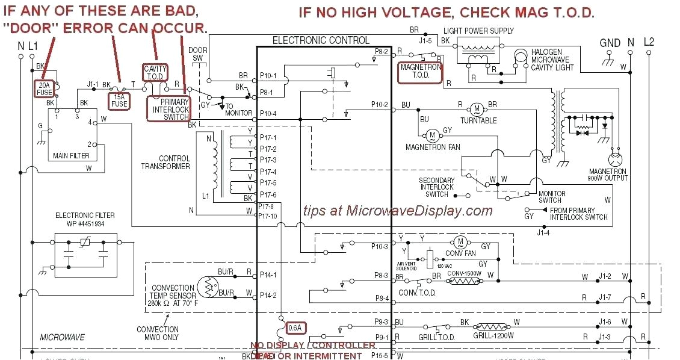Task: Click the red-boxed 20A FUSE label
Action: [45, 89]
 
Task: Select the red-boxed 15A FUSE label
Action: [119, 100]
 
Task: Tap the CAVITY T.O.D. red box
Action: [155, 73]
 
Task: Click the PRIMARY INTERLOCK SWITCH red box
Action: [169, 110]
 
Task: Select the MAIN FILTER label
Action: [71, 156]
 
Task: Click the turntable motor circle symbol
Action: [477, 109]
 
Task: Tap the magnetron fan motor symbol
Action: [431, 135]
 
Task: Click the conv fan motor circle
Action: [461, 242]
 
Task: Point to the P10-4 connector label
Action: [268, 114]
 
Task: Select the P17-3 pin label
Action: [268, 160]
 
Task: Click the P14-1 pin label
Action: [268, 275]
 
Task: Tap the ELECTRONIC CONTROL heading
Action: [321, 40]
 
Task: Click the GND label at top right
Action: [610, 43]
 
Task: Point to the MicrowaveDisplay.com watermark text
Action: [398, 211]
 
